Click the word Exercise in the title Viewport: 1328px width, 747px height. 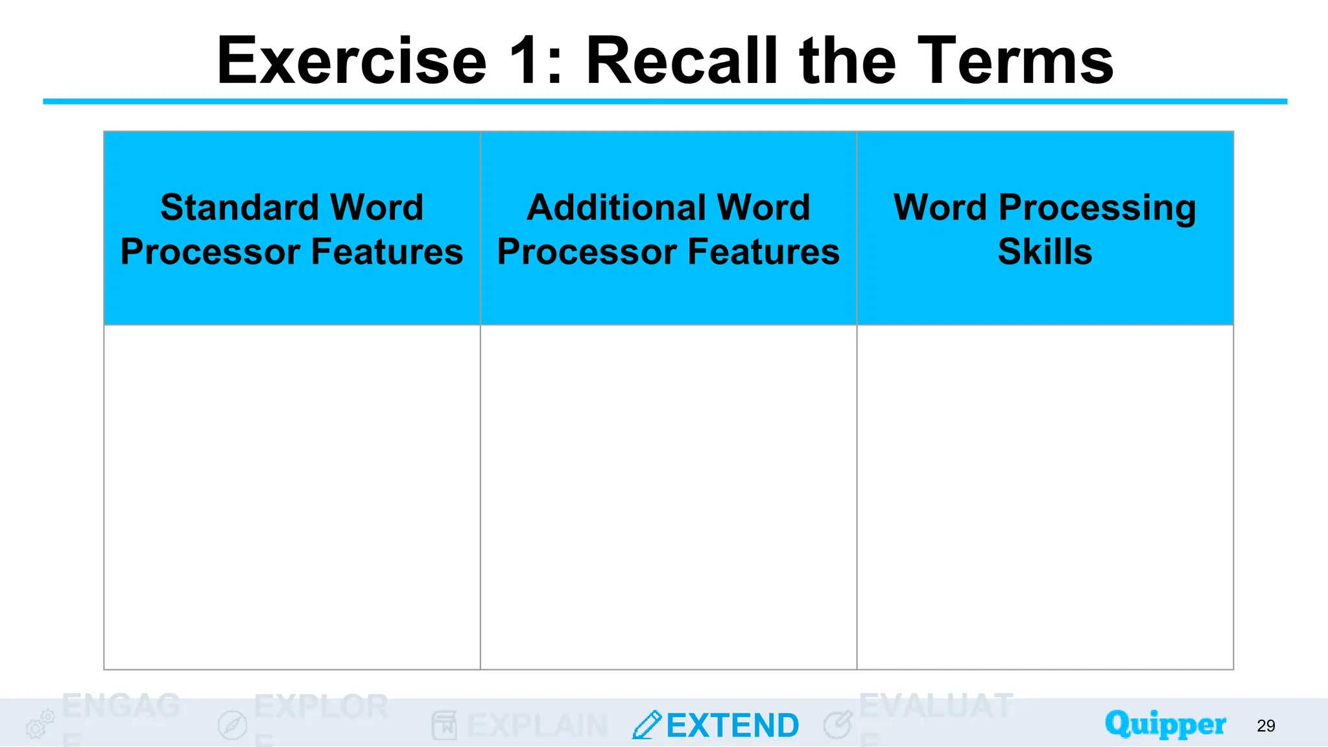click(351, 61)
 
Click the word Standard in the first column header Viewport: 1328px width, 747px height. click(239, 207)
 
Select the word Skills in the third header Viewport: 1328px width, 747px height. click(1045, 252)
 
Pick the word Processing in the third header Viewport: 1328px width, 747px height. click(1097, 209)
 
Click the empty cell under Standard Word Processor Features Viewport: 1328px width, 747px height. click(292, 497)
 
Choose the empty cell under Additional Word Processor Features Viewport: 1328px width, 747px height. click(669, 497)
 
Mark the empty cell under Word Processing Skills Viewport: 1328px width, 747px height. click(1045, 497)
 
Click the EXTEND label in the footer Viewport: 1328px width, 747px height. click(733, 726)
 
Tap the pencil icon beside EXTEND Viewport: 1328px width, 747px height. click(646, 725)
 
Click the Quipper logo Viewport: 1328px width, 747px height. click(1165, 724)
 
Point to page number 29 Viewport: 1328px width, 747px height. click(1266, 726)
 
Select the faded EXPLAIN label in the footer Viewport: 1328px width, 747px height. click(537, 726)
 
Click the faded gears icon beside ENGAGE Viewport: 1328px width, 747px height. click(40, 724)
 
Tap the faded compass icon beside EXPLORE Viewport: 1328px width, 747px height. click(232, 725)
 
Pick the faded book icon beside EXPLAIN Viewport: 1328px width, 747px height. click(444, 725)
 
